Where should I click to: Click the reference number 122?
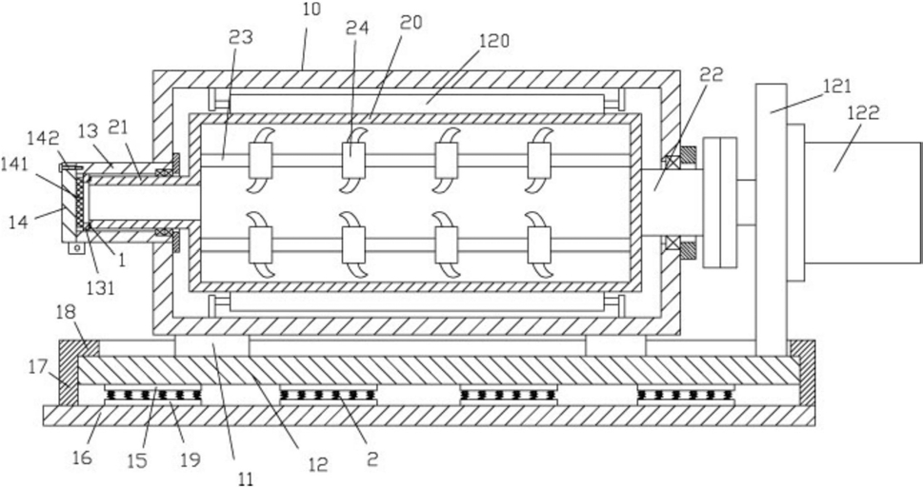[864, 112]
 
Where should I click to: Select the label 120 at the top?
[493, 42]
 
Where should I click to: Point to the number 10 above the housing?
[312, 10]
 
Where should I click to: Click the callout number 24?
[356, 29]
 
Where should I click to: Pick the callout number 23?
[240, 36]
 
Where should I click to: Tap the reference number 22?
[712, 75]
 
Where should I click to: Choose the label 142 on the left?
[44, 139]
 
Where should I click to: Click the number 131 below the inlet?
[101, 287]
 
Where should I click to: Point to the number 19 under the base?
[191, 459]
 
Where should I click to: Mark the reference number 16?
[83, 458]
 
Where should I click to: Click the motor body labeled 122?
[862, 202]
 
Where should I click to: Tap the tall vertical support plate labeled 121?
[772, 220]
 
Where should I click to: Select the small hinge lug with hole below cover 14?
[74, 247]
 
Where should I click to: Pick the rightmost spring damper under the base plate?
[687, 394]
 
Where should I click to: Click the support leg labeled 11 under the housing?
[211, 346]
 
